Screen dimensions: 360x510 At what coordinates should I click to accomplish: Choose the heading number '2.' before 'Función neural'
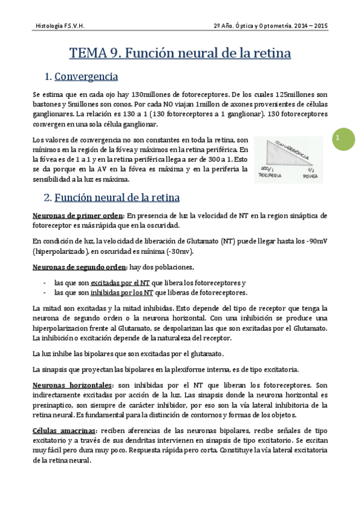click(x=48, y=197)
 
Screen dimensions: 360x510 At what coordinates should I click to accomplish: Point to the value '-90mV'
click(x=316, y=241)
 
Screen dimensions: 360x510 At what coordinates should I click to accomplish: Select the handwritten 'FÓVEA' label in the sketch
click(x=309, y=176)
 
